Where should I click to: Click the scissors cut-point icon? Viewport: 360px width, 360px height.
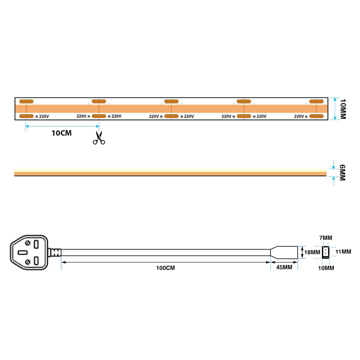99,138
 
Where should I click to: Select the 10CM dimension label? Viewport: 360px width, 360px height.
61,133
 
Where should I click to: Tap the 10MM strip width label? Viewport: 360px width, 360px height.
343,109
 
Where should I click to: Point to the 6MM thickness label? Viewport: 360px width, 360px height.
342,172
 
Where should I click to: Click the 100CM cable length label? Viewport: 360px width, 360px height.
165,268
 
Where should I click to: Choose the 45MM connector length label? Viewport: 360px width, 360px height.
284,267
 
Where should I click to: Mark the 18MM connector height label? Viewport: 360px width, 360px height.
312,252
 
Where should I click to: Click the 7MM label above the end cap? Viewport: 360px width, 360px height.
325,238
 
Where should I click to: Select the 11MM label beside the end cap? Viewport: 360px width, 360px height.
343,252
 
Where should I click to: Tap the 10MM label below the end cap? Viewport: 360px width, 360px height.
326,268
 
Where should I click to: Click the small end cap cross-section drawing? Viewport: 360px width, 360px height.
325,252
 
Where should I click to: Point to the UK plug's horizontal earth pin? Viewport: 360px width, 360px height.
23,253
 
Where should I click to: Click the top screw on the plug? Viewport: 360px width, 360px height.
28,243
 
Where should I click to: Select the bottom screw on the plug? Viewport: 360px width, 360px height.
28,262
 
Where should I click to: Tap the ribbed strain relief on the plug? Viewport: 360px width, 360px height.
55,252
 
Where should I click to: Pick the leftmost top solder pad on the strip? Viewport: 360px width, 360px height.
26,101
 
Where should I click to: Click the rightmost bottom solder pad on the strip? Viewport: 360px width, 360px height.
316,116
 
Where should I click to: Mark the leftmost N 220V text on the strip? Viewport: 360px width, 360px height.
42,116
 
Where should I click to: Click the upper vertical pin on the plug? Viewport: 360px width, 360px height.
36,244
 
